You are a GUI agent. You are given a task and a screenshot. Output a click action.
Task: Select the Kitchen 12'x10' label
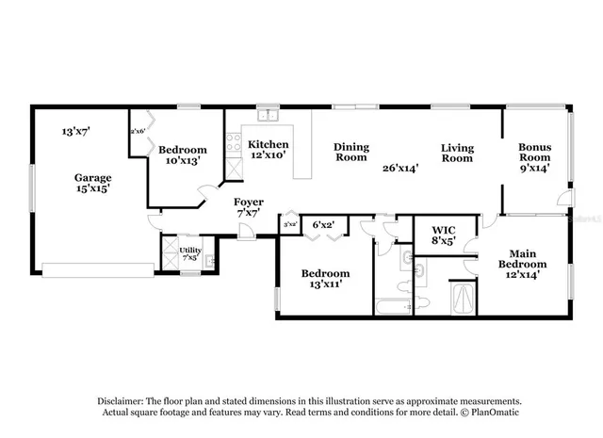[267, 150]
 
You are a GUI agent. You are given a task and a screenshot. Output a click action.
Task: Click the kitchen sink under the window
[268, 116]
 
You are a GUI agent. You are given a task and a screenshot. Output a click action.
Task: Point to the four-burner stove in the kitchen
[232, 145]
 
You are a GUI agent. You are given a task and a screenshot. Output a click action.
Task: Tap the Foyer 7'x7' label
[249, 207]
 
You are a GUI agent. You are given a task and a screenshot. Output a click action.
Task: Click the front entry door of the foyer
[245, 232]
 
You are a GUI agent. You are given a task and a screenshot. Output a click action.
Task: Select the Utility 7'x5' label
[189, 253]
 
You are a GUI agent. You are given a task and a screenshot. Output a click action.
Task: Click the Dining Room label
[351, 153]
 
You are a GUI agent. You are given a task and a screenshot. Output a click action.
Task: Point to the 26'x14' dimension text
[401, 168]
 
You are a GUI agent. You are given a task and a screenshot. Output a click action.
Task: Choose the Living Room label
[458, 154]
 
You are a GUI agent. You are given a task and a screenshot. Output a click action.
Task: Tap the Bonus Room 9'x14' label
[534, 157]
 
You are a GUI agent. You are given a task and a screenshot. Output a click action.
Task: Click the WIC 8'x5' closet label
[444, 235]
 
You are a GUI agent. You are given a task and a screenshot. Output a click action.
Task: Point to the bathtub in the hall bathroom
[393, 306]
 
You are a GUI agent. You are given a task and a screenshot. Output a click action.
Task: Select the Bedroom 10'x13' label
[182, 154]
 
